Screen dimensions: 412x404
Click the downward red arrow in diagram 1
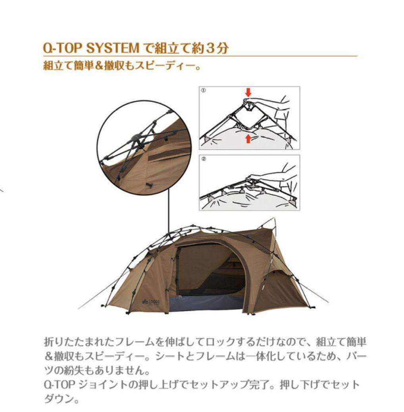[248, 92]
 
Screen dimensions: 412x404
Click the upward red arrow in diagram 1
[248, 138]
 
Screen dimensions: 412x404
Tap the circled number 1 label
[203, 90]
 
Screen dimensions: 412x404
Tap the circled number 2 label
[203, 159]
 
